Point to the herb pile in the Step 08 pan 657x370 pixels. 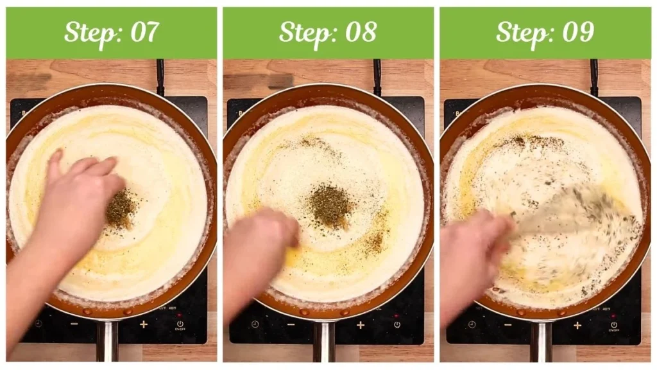pyautogui.click(x=330, y=206)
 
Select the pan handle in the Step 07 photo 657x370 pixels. pyautogui.click(x=107, y=340)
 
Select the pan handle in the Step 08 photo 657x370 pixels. pyautogui.click(x=325, y=340)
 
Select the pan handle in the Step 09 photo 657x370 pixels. pyautogui.click(x=541, y=340)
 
